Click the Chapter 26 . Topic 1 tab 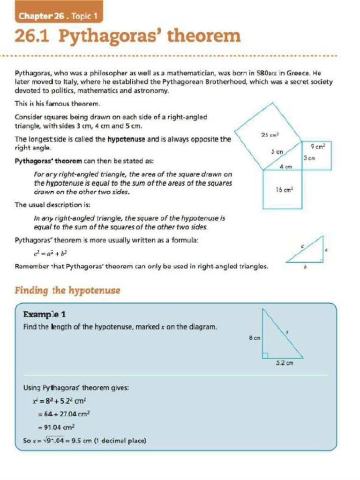tap(58, 16)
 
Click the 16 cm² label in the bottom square tap(285, 189)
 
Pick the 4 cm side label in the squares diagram tap(285, 166)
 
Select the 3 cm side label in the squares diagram tap(308, 158)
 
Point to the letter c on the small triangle tap(302, 246)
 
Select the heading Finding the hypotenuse tap(67, 291)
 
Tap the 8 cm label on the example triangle tap(255, 337)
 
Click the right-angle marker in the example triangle tap(265, 355)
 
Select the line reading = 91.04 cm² tap(56, 427)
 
